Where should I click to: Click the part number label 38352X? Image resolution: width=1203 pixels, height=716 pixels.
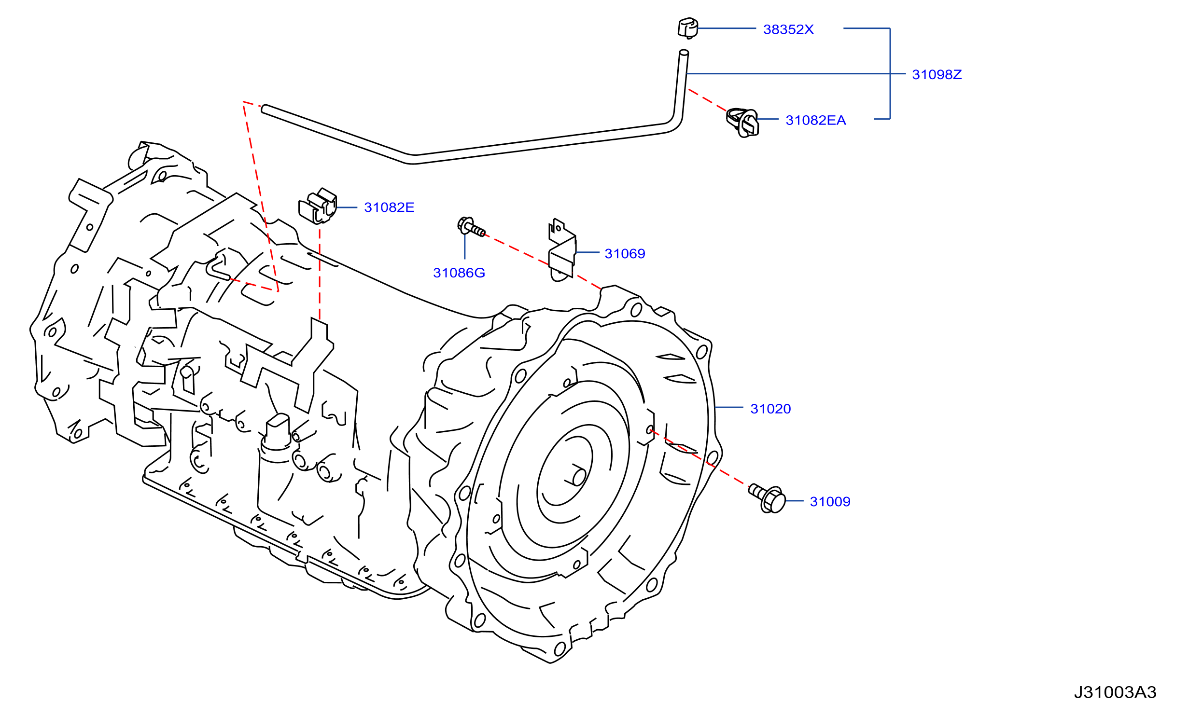[x=788, y=29]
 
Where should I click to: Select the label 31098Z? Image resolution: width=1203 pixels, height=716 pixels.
[x=937, y=74]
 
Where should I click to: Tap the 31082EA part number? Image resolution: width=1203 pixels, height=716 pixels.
[x=816, y=120]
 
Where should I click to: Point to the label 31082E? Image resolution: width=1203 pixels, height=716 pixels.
[x=389, y=207]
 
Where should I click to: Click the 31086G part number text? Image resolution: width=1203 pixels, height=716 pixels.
[x=459, y=273]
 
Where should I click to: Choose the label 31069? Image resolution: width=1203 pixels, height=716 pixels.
[x=625, y=254]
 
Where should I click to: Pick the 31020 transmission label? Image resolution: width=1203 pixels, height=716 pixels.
[x=770, y=409]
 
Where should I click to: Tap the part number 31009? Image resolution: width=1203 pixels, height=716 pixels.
[x=830, y=502]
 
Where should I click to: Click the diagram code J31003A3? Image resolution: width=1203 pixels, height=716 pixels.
[x=1115, y=692]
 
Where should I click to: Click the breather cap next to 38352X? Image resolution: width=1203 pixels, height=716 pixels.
[x=688, y=28]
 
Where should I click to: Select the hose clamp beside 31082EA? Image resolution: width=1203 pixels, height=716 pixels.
[x=742, y=123]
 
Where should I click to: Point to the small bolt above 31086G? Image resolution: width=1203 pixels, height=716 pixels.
[x=471, y=227]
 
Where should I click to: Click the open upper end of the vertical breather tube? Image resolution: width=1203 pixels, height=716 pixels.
[x=684, y=52]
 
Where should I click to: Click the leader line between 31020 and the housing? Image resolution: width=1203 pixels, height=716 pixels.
[x=729, y=408]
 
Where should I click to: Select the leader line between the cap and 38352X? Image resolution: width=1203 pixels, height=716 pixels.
[x=727, y=28]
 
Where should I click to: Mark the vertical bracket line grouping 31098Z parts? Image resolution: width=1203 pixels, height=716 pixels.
[x=890, y=73]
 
